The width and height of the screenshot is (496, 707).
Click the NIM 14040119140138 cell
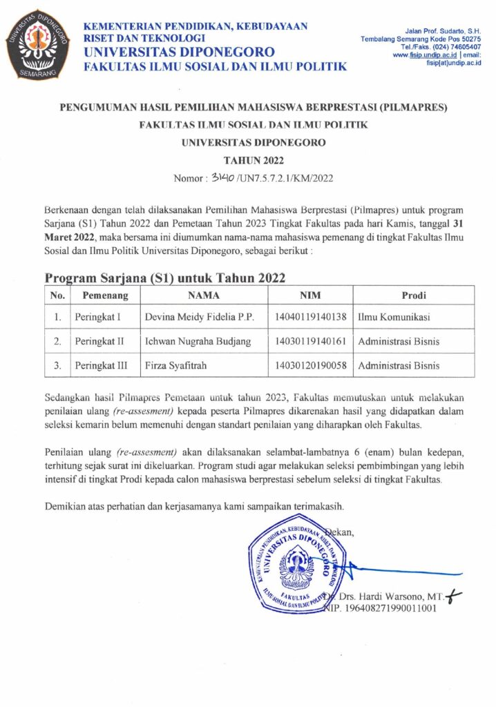310,318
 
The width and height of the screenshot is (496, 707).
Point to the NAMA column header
204,296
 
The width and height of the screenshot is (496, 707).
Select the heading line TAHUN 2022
248,161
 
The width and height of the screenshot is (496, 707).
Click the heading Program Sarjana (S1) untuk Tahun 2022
165,277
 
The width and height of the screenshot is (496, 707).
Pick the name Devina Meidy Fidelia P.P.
200,318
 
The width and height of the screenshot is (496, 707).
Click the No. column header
58,296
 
